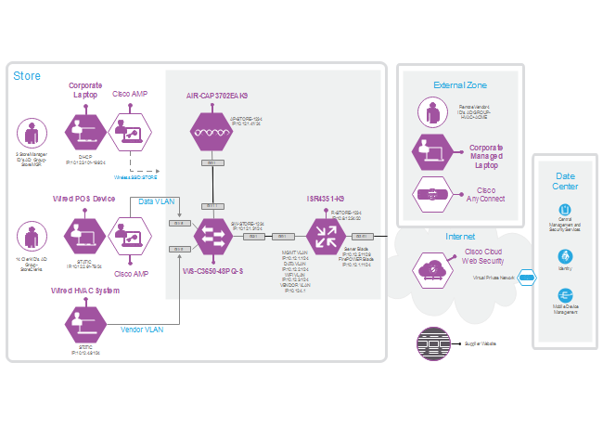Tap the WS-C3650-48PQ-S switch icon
pos(211,237)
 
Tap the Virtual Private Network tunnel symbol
pos(525,277)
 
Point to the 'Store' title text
pos(27,75)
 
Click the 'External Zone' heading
pos(460,85)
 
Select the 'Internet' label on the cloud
pos(459,237)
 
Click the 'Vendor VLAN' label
pos(142,329)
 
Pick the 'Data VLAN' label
pos(156,201)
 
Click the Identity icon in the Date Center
pos(565,257)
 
